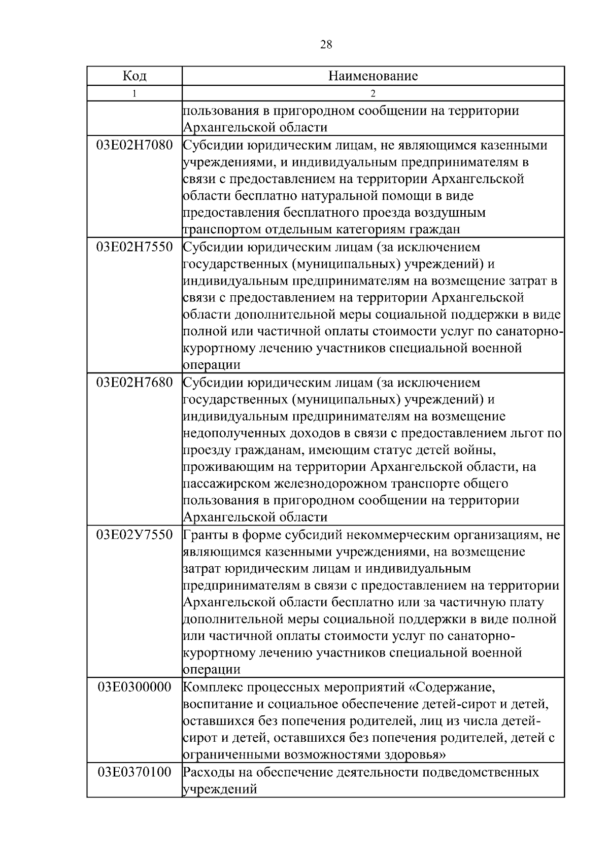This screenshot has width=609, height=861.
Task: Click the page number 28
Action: coord(326,45)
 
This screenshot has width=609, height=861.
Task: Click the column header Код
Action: coord(134,76)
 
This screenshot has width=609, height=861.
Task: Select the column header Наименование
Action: coord(373,76)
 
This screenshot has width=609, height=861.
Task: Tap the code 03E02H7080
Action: coord(134,146)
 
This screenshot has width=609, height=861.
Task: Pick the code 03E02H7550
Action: coord(134,248)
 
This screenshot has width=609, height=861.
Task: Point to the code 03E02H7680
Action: coord(134,383)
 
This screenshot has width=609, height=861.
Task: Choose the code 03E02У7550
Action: coord(134,535)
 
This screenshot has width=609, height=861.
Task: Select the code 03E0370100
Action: coord(134,773)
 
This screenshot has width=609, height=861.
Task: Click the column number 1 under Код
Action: coord(134,93)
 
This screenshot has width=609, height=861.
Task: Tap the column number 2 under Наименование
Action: coord(373,93)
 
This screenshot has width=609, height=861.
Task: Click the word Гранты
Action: coord(205,535)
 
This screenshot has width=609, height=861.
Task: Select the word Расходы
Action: coord(208,773)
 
